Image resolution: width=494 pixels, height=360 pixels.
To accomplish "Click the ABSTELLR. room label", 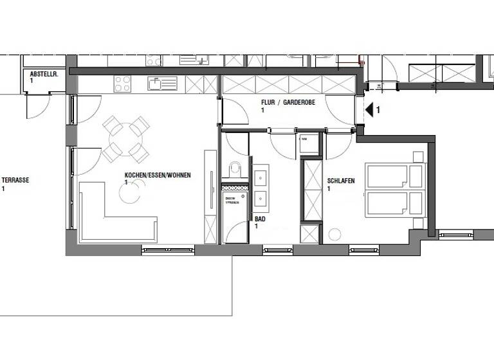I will [x=44, y=75].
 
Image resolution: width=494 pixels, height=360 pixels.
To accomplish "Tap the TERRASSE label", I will [x=15, y=181].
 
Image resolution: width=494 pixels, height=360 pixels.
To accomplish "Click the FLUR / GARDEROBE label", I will [x=287, y=103].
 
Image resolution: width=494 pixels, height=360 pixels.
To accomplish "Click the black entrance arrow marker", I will [x=369, y=110].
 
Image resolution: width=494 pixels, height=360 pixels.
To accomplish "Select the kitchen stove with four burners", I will [x=122, y=84].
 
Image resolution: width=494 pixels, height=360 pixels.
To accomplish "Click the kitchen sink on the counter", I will [x=161, y=84].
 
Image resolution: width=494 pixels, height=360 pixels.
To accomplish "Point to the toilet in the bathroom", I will [x=235, y=170].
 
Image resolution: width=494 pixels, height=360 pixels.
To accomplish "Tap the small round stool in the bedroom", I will [x=335, y=235].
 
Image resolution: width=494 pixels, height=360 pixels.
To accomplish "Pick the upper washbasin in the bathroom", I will [x=261, y=175].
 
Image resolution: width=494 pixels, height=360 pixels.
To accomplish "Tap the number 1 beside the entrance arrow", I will [x=378, y=110].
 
